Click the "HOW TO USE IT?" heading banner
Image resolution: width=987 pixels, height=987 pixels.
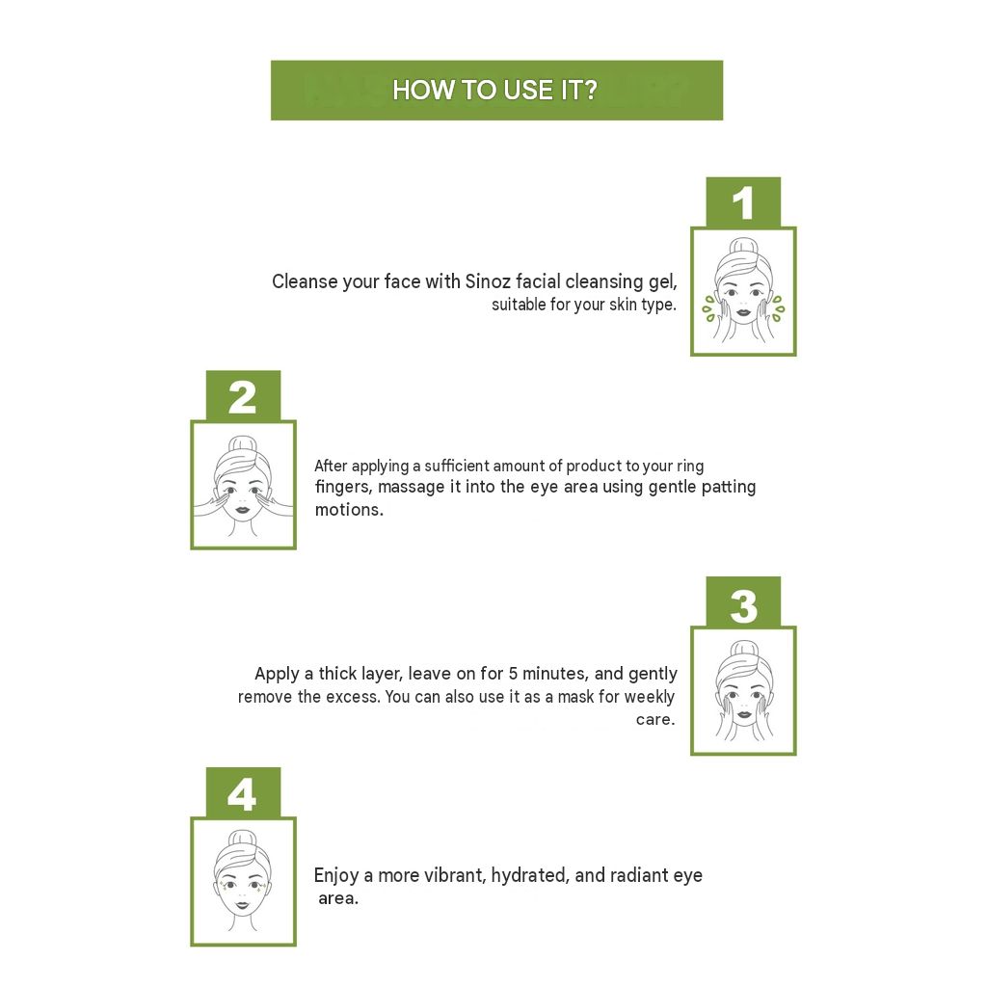pyautogui.click(x=496, y=90)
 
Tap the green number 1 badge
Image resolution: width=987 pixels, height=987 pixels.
pyautogui.click(x=743, y=202)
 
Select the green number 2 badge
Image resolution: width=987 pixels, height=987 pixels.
pyautogui.click(x=243, y=396)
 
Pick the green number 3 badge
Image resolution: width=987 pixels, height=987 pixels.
pyautogui.click(x=743, y=601)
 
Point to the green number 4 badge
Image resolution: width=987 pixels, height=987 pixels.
pyautogui.click(x=243, y=793)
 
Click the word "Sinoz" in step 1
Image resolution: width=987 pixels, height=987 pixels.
pyautogui.click(x=487, y=281)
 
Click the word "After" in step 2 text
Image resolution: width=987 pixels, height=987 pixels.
pyautogui.click(x=331, y=466)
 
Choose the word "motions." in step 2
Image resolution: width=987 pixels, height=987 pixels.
pyautogui.click(x=349, y=510)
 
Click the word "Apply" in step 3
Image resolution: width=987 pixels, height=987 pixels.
pyautogui.click(x=277, y=675)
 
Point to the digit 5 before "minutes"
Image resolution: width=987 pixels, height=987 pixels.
pyautogui.click(x=513, y=674)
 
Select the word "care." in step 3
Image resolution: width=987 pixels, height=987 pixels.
pyautogui.click(x=655, y=719)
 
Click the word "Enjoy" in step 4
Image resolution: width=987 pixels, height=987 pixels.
pyautogui.click(x=336, y=876)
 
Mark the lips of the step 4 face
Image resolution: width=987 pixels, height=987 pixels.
pyautogui.click(x=242, y=906)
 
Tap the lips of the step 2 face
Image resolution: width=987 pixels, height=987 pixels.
pyautogui.click(x=242, y=509)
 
